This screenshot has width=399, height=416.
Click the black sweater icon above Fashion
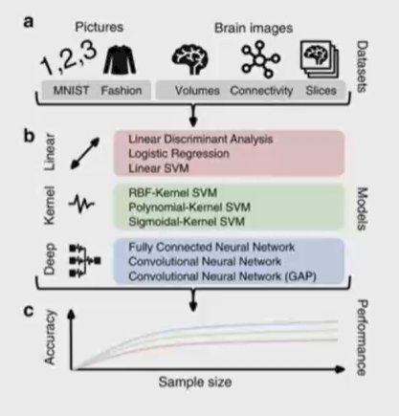pos(120,60)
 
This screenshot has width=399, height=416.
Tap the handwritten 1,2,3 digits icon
pos(68,58)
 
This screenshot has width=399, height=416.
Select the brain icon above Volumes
pos(190,59)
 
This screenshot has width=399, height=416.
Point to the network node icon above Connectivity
pos(260,59)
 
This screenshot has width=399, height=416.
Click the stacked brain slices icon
pos(319,59)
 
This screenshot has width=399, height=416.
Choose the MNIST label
pos(71,91)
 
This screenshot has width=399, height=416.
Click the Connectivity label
pos(261,91)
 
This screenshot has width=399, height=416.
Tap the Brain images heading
pos(254,29)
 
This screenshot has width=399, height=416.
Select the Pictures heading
pos(99,27)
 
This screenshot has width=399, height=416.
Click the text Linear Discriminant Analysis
pos(201,139)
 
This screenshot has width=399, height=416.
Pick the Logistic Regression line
pos(179,154)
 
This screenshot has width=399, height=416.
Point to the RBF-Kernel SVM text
pos(172,193)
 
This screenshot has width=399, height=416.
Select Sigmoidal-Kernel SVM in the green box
pos(187,222)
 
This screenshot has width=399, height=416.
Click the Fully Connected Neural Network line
pos(211,247)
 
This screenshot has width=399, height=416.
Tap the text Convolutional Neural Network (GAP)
pos(222,276)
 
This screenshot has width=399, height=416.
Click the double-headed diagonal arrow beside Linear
pos(85,153)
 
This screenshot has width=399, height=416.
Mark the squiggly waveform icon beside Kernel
pos(81,204)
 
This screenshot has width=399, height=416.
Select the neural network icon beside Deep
pos(85,260)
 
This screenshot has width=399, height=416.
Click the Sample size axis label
pos(195,382)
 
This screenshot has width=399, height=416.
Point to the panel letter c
pos(29,311)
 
